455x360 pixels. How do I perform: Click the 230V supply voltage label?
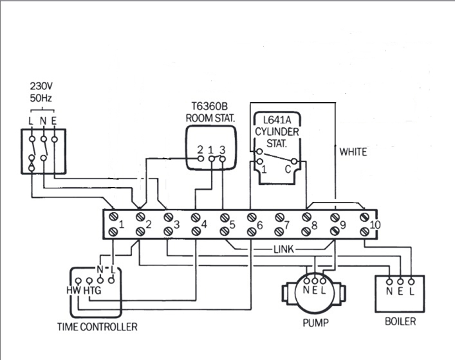[42, 86]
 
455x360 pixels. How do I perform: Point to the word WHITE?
[353, 152]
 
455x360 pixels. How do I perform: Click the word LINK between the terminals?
[283, 248]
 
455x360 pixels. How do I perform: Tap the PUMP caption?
[315, 321]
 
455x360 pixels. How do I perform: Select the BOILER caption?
[400, 321]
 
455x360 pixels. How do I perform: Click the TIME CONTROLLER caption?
[97, 327]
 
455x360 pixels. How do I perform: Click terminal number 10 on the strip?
[375, 225]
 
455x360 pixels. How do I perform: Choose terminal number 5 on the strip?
[232, 226]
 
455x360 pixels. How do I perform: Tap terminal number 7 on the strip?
[288, 226]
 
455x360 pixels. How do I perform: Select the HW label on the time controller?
[73, 290]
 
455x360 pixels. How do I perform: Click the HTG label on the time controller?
[92, 290]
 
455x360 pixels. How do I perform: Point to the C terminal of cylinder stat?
[287, 170]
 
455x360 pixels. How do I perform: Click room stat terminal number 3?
[222, 150]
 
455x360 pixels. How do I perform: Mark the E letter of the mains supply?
[54, 121]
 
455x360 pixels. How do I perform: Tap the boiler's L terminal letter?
[411, 291]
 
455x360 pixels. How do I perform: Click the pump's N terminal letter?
[305, 290]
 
